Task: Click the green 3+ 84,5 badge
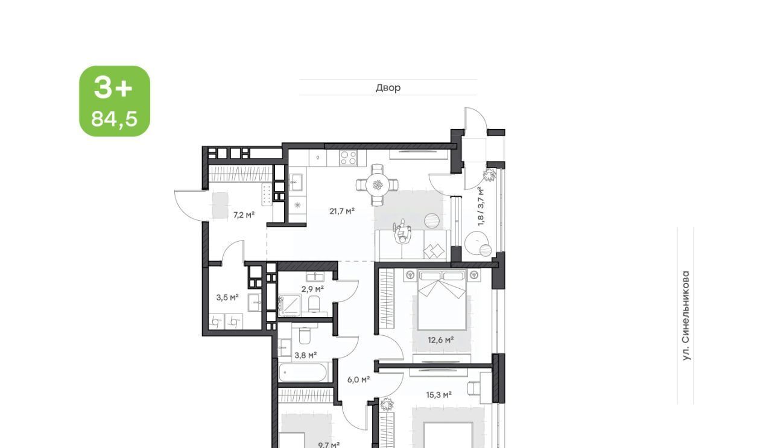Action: [115, 101]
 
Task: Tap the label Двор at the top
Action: [388, 87]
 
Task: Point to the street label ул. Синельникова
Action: [686, 316]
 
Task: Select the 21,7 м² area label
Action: [342, 211]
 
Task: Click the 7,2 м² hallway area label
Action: [244, 215]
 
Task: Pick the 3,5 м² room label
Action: [227, 297]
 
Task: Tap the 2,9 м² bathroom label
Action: [312, 289]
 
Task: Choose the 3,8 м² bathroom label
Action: [306, 355]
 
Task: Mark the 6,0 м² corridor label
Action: [358, 379]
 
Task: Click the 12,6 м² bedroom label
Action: [441, 340]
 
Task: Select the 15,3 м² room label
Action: [438, 394]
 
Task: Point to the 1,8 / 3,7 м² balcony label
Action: [481, 206]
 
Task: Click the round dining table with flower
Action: [378, 185]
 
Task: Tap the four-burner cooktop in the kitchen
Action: [348, 158]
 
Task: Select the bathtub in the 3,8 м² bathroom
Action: [303, 372]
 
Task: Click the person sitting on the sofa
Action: [402, 232]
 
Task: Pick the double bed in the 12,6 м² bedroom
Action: [442, 300]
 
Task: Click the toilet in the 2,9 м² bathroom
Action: [314, 304]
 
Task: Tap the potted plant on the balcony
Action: [489, 175]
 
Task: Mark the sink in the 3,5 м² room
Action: [255, 303]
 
